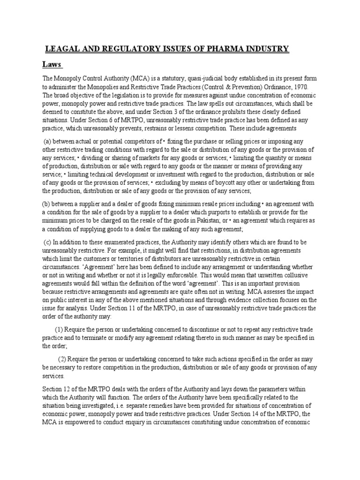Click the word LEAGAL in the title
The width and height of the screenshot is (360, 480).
pyautogui.click(x=61, y=49)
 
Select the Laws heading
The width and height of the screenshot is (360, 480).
pyautogui.click(x=53, y=64)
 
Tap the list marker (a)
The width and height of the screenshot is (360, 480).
pyautogui.click(x=47, y=142)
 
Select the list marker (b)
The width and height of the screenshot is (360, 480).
pyautogui.click(x=46, y=204)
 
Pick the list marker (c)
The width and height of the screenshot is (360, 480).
pyautogui.click(x=47, y=242)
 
